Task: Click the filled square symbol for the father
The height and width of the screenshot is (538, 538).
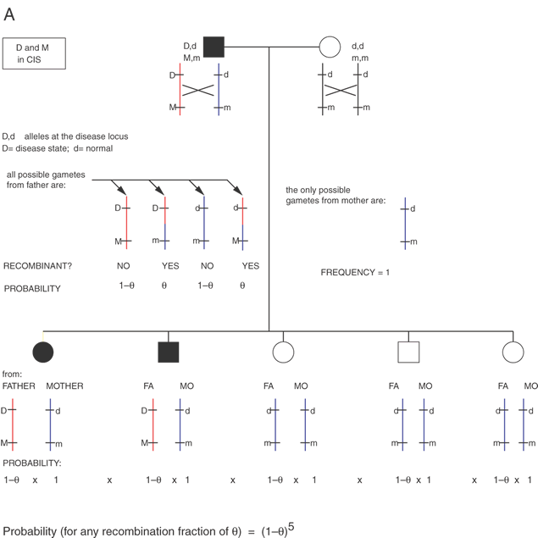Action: (x=214, y=47)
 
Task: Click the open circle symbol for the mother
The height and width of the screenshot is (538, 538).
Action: (x=329, y=47)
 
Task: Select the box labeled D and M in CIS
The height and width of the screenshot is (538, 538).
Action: (x=35, y=54)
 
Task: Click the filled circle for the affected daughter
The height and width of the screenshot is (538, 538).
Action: (x=42, y=351)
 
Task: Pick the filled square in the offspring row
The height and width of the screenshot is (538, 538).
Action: (x=167, y=351)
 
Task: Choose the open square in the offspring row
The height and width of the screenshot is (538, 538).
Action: (x=408, y=351)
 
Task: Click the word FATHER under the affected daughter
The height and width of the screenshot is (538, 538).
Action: (x=19, y=385)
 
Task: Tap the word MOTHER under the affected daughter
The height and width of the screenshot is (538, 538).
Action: (x=64, y=385)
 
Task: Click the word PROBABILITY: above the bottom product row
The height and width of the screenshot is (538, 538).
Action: (x=31, y=463)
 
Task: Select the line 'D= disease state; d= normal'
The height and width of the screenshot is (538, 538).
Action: (x=57, y=148)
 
